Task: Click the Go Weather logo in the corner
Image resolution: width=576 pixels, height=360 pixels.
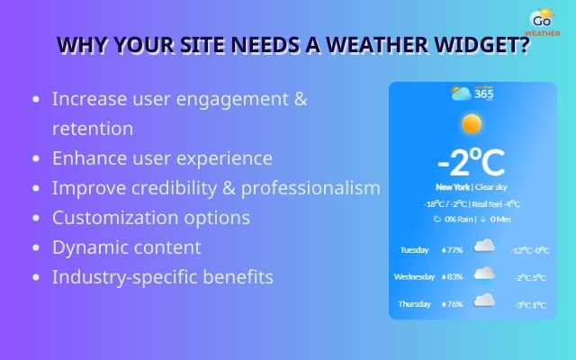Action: coord(542,21)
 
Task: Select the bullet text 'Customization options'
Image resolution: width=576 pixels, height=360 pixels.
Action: coord(150,218)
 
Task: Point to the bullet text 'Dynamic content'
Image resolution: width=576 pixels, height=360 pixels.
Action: coord(126,247)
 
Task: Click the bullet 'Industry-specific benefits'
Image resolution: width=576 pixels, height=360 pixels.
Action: coord(162,276)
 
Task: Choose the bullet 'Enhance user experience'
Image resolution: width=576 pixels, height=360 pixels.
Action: coord(162,158)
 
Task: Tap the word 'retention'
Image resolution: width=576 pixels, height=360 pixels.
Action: coord(93,129)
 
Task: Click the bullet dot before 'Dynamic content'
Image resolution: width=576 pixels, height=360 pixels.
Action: coord(35,247)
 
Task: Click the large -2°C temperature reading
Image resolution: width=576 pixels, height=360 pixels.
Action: coord(471,163)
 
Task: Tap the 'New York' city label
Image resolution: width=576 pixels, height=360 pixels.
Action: coord(453,187)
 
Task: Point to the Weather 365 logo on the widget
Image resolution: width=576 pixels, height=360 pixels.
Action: coord(472,93)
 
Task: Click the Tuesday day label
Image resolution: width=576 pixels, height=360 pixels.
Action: coord(414,249)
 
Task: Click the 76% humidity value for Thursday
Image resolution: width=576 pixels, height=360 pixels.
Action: coord(452,304)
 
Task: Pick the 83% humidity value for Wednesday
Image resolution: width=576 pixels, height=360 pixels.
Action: coord(452,276)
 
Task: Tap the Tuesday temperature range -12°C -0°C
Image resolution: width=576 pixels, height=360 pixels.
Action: coord(529,250)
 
